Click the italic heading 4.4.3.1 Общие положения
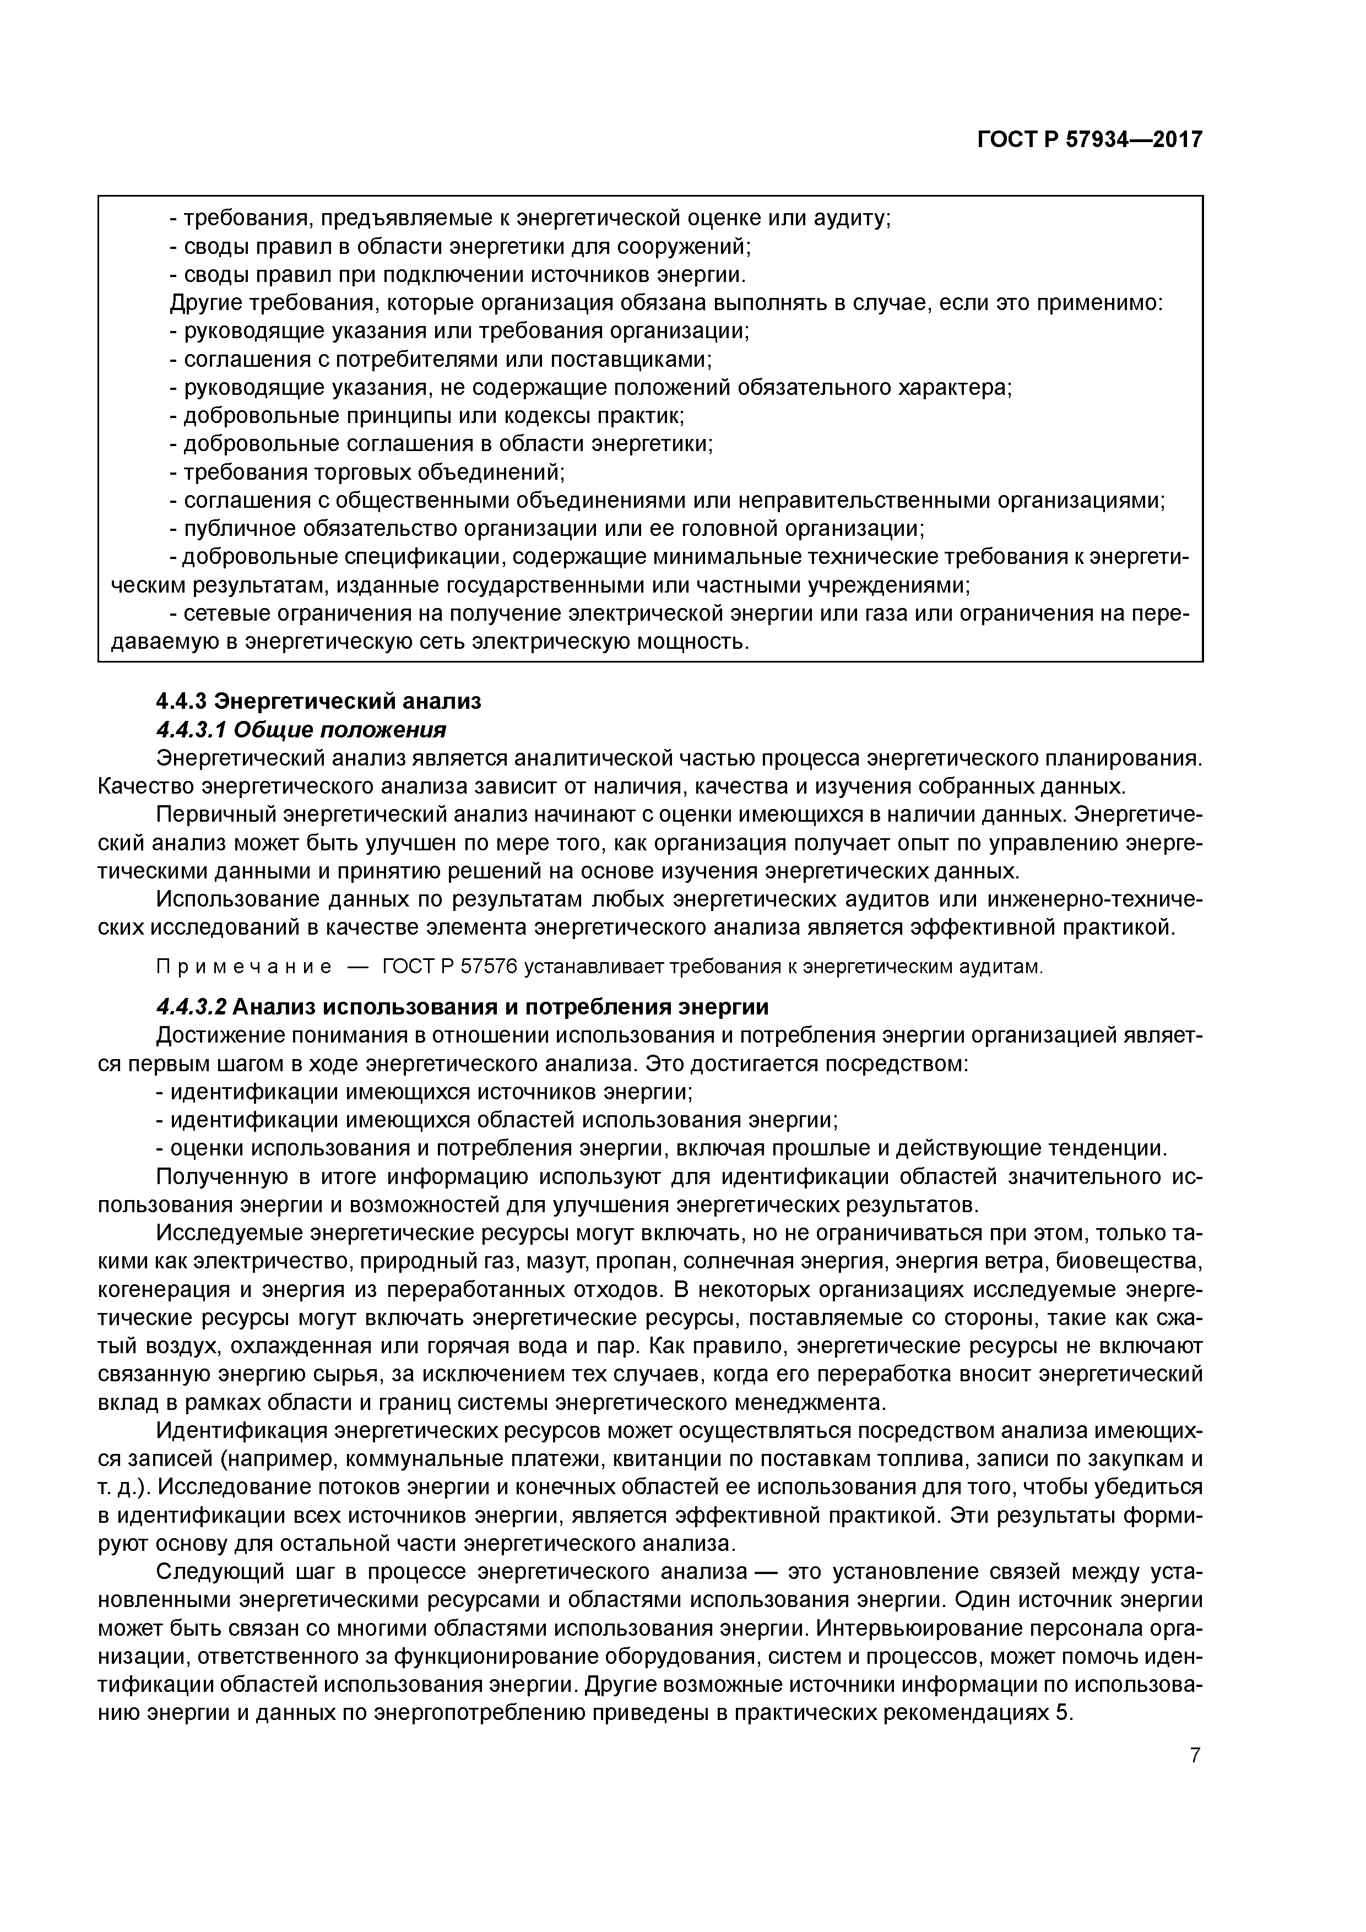click(x=301, y=729)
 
